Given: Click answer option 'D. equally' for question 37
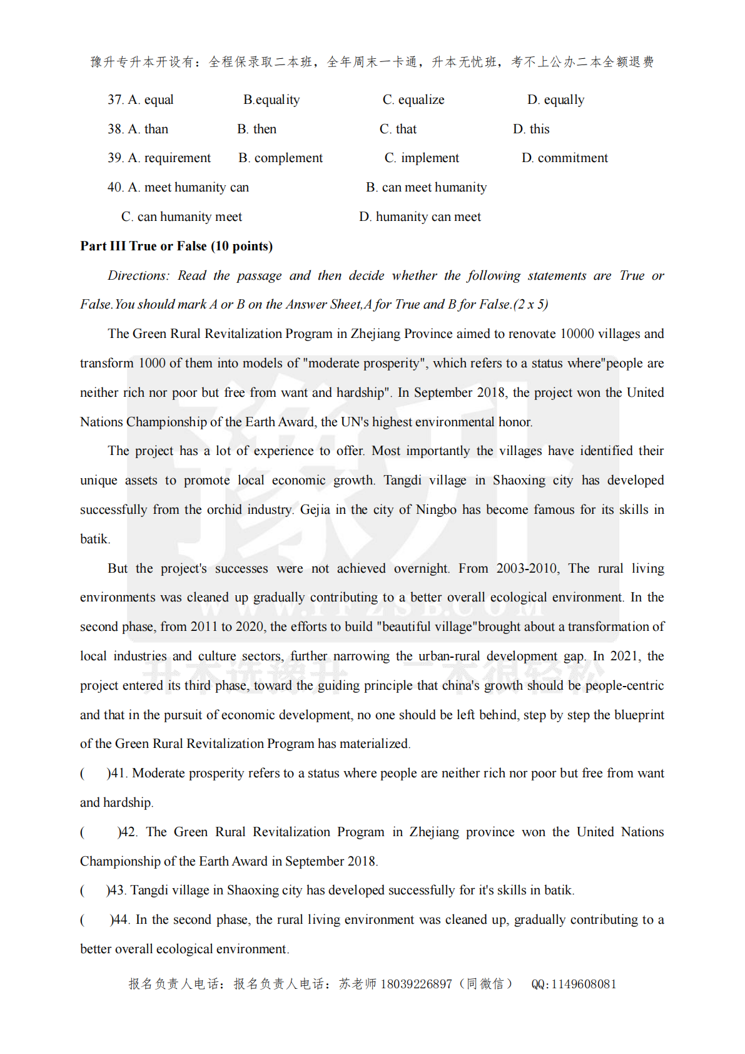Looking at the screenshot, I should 555,100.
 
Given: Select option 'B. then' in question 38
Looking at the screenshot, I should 256,130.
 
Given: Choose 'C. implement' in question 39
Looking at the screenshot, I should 422,158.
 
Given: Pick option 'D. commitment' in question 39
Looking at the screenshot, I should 564,158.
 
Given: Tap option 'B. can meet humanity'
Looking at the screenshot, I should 426,188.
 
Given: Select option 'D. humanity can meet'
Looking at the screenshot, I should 420,217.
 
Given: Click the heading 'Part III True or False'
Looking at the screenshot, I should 176,246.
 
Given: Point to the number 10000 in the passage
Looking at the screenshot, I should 577,334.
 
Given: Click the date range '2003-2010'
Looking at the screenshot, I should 527,568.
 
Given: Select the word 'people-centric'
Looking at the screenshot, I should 624,685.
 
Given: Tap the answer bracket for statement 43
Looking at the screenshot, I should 94,891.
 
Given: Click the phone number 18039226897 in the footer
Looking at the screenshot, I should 416,984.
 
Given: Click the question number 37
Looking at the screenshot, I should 115,100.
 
